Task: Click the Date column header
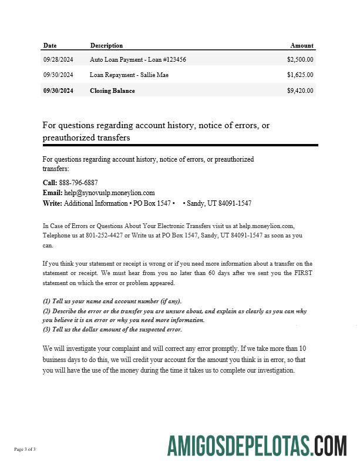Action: coord(50,45)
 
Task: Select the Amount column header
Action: coord(302,45)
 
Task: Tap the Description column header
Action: coord(106,45)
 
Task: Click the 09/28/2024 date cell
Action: coord(58,59)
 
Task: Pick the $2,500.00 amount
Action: coord(300,59)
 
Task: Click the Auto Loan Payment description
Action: coord(138,59)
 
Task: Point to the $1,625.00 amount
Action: coord(300,75)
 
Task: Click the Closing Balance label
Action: coord(112,91)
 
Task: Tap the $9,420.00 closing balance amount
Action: coord(300,91)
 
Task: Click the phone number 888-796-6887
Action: coord(79,183)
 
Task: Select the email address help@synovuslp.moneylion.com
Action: coord(109,193)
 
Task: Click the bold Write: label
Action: coord(52,203)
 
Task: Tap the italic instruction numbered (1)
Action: coord(112,300)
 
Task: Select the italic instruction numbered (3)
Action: coord(112,329)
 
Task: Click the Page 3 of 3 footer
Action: coord(25,450)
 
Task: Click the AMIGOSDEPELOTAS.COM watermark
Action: coord(257,445)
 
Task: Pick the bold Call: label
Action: coord(50,183)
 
